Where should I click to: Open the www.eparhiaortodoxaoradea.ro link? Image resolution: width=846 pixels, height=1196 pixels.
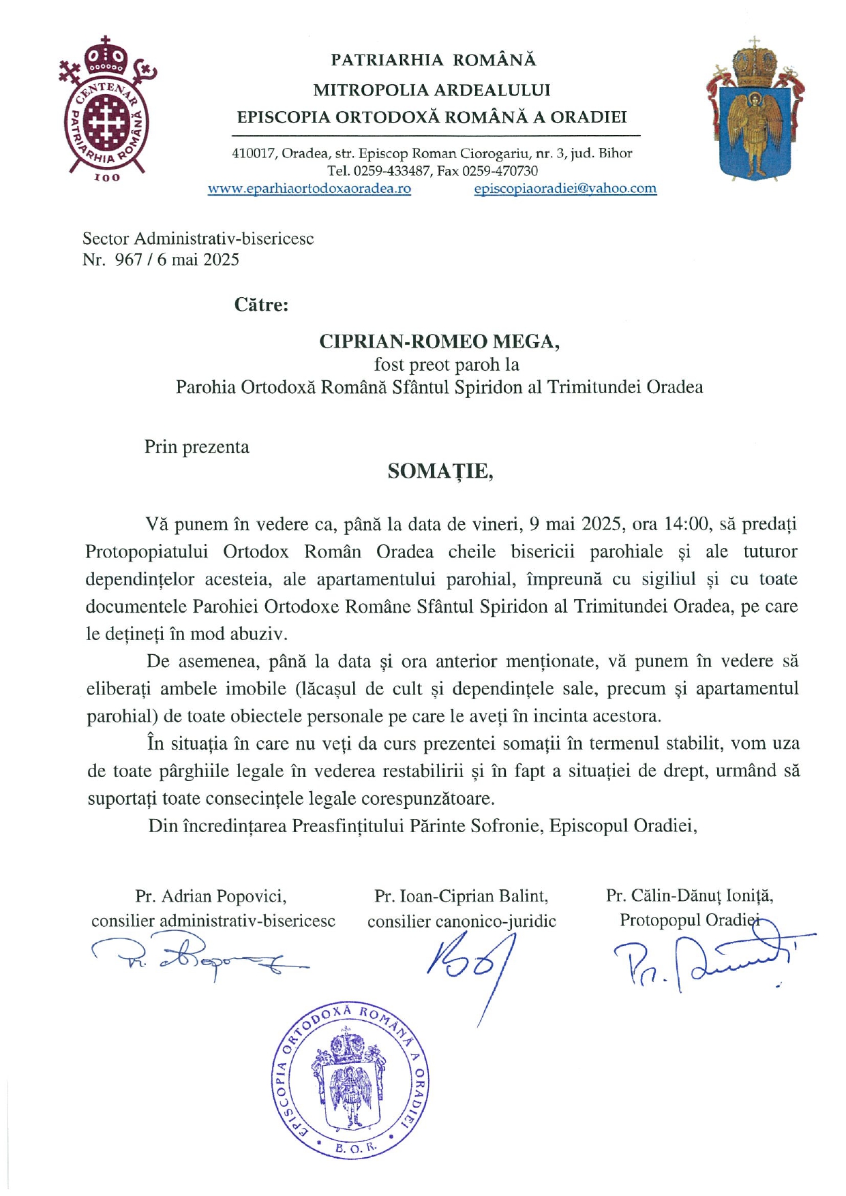[x=309, y=189]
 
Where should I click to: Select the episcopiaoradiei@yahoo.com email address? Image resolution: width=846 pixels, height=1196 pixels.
[x=565, y=189]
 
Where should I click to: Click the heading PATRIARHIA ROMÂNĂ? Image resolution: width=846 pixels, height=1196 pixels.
[x=433, y=60]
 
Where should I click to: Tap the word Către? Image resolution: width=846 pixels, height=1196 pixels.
[x=261, y=305]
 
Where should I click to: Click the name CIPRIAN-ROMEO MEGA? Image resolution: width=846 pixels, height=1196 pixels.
[x=439, y=341]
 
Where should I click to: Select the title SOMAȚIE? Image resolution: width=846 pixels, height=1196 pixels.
[x=440, y=471]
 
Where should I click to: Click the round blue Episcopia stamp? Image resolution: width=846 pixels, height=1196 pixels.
[x=350, y=1081]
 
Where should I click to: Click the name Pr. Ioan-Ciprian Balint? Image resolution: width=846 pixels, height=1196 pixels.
[x=461, y=896]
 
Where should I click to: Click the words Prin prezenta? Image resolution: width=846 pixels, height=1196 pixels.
[x=196, y=447]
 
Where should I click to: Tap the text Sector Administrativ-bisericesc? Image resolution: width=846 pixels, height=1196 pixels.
[x=198, y=239]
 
